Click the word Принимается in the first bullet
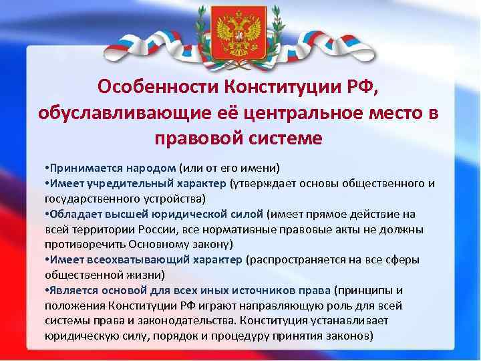pyautogui.click(x=81, y=167)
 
